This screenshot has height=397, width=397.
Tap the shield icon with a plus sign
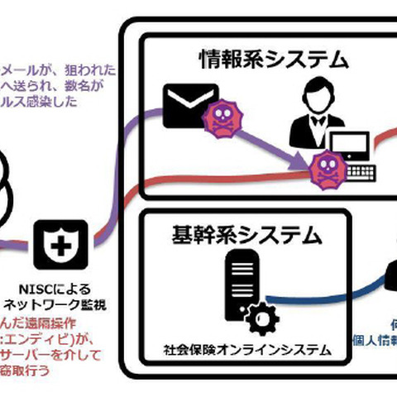[60, 244]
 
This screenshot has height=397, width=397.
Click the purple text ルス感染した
[41, 103]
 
